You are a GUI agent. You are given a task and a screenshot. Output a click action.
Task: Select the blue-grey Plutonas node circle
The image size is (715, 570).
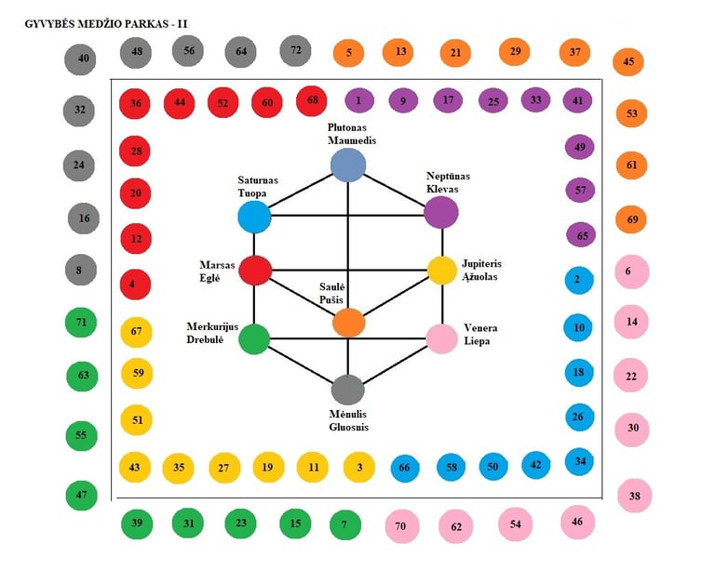(348, 166)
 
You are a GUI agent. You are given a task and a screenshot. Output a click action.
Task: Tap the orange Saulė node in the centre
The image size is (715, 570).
(348, 322)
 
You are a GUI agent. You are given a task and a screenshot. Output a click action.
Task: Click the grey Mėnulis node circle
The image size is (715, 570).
(347, 389)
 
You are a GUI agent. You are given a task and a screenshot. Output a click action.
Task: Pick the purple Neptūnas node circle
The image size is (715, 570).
(440, 212)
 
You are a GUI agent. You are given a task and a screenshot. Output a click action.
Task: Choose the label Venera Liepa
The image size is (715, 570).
(482, 334)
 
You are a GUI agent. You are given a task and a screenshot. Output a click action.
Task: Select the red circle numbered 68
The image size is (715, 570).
(312, 99)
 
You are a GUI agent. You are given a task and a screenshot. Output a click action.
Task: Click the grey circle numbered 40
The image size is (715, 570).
(83, 60)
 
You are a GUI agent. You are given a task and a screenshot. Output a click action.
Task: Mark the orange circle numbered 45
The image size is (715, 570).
(628, 63)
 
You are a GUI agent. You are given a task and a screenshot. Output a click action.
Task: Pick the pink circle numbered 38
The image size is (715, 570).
(634, 496)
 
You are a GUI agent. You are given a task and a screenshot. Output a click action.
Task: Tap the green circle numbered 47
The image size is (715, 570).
(81, 495)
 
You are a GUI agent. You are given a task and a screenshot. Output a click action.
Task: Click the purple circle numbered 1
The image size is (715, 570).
(358, 99)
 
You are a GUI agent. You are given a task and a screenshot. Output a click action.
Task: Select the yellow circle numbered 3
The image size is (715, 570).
(358, 467)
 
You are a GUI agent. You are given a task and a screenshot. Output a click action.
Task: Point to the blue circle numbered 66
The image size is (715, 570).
(404, 468)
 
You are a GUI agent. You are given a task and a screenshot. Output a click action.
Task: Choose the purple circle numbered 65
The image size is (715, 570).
(582, 235)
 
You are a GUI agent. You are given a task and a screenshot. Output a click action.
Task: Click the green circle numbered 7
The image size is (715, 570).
(344, 524)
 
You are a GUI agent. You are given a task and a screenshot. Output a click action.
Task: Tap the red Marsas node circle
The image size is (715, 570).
(254, 270)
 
